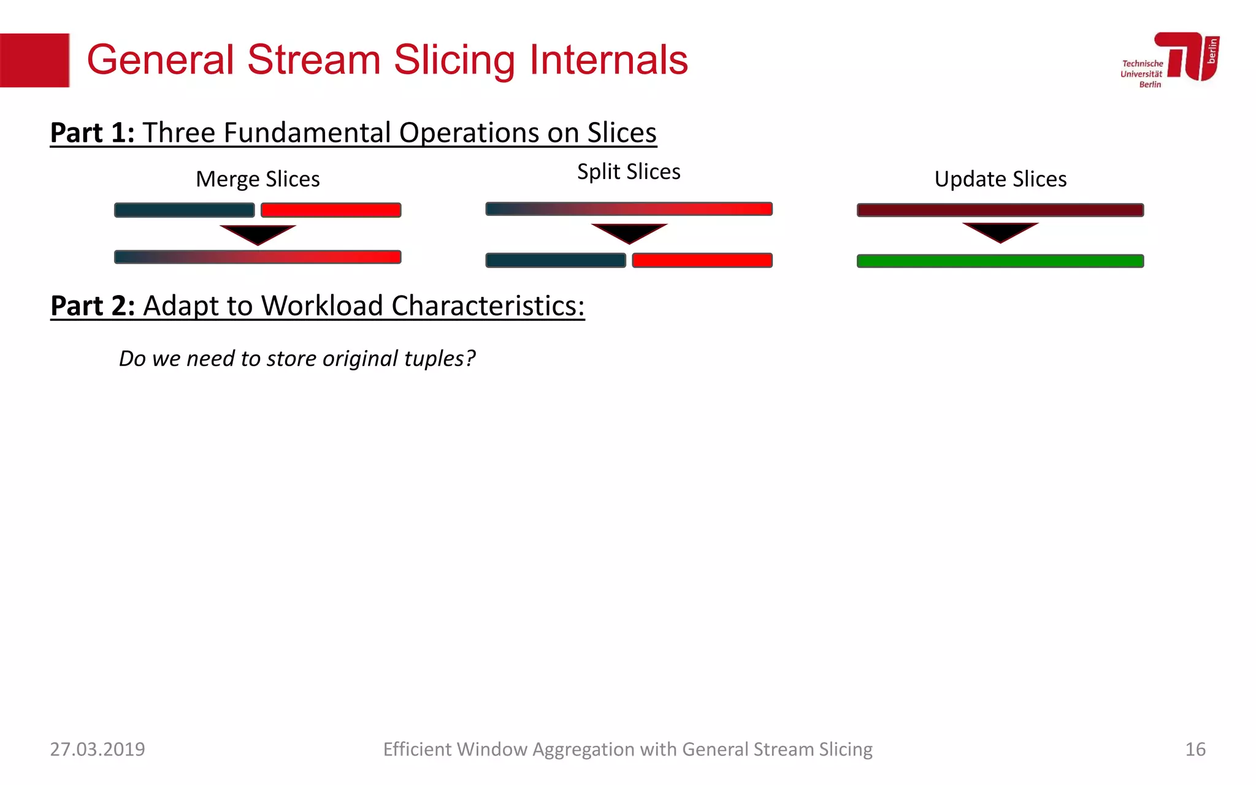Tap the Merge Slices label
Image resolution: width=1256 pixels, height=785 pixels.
point(258,179)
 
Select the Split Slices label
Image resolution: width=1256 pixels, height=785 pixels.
point(629,172)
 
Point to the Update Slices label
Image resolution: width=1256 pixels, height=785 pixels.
point(1000,179)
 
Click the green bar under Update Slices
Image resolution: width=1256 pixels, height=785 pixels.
point(1000,261)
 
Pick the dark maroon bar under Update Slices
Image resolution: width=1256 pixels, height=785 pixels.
point(1000,210)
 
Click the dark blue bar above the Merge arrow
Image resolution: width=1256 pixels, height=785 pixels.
point(184,210)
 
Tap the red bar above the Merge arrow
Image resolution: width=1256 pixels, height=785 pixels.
point(331,210)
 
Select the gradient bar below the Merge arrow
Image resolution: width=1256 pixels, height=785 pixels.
point(258,257)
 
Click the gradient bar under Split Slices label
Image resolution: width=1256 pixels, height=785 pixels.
point(629,209)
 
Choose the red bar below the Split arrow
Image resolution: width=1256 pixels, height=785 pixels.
point(702,261)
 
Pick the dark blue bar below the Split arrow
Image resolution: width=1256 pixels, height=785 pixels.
point(555,261)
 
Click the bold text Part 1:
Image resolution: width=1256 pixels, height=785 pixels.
point(92,133)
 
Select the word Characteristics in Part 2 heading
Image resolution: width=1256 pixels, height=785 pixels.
point(487,306)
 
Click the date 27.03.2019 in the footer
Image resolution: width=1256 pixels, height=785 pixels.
point(98,749)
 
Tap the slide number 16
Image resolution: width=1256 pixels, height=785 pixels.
point(1195,749)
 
